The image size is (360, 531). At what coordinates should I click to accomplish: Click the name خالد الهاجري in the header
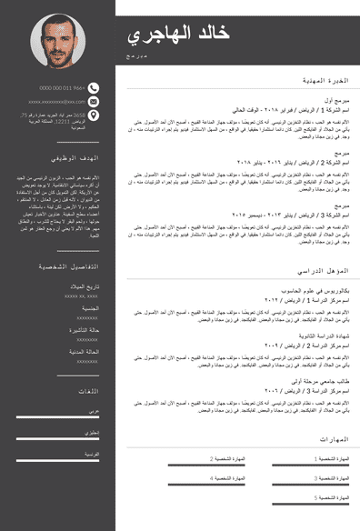click(x=178, y=35)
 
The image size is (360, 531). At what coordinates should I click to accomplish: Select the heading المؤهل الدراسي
click(x=323, y=271)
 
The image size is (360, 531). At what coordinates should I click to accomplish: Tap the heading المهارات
click(x=333, y=439)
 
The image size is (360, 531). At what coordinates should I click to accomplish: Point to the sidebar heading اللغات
click(x=88, y=391)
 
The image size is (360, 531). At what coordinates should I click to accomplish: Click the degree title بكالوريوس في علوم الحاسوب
click(x=320, y=291)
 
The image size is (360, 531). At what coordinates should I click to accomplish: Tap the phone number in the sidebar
click(x=63, y=88)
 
